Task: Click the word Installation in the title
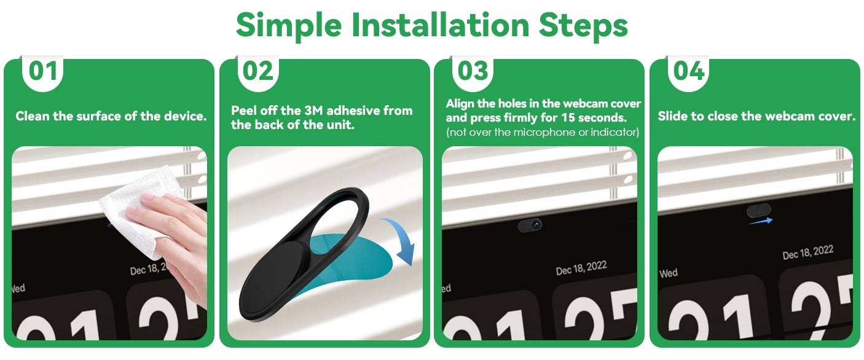(440, 25)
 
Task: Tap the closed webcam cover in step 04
(759, 211)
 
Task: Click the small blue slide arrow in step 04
(761, 221)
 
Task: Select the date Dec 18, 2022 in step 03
(581, 268)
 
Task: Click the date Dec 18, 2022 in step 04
(807, 252)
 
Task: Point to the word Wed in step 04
(669, 273)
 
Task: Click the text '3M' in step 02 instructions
(313, 111)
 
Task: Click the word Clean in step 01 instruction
(33, 116)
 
